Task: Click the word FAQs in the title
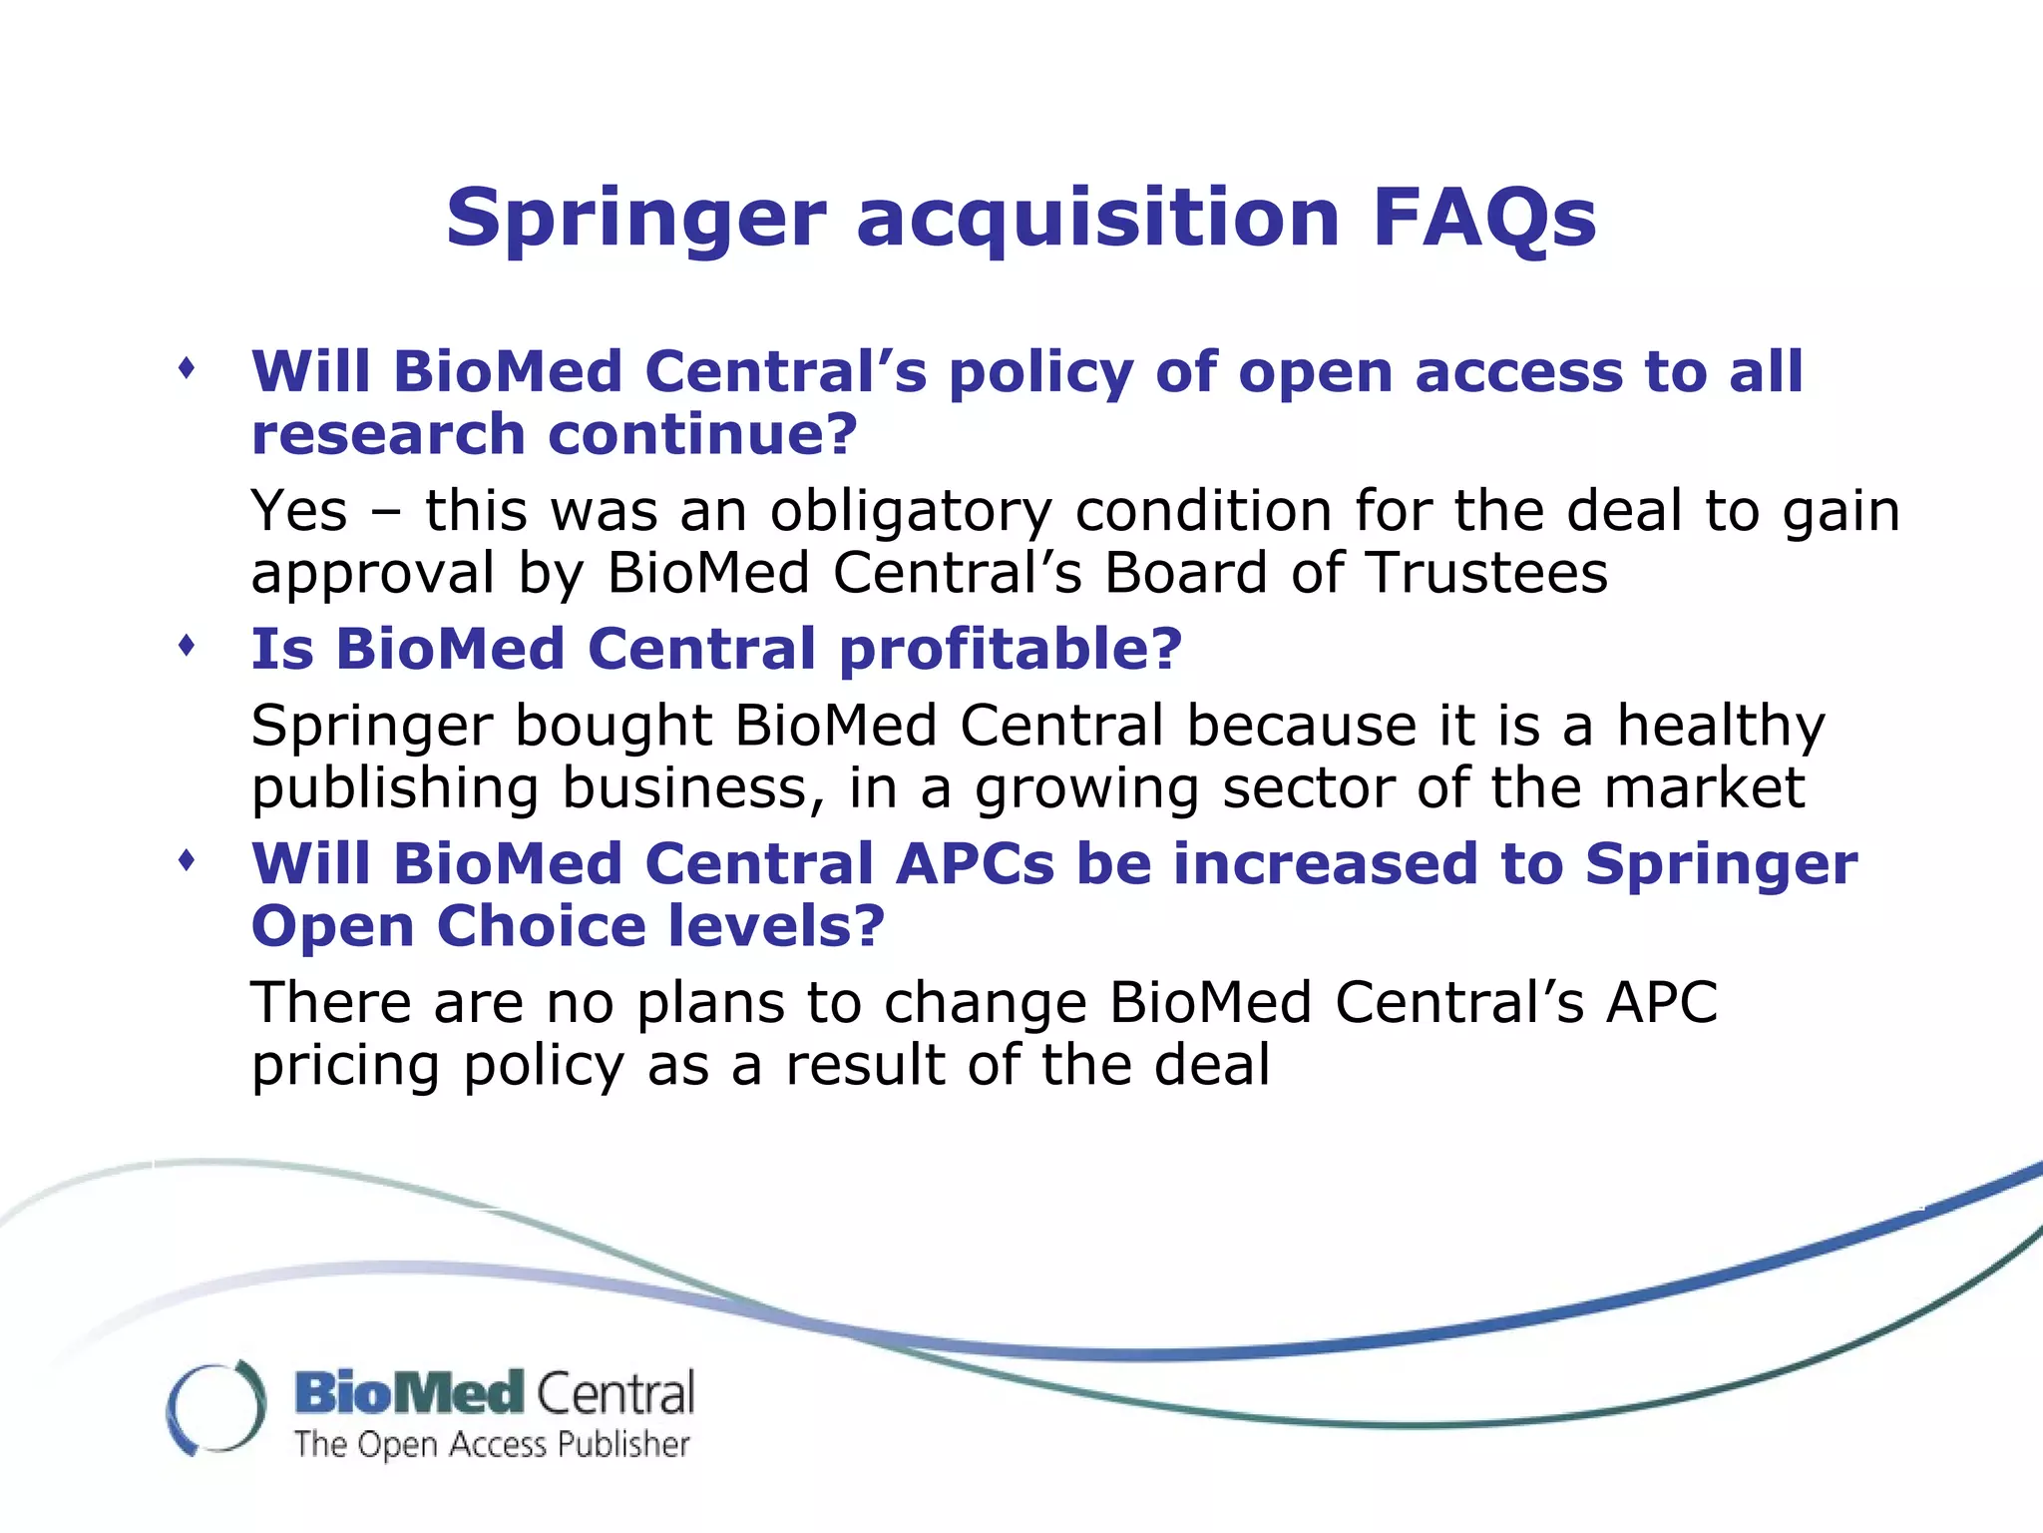pyautogui.click(x=1484, y=220)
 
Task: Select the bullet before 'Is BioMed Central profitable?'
pyautogui.click(x=187, y=647)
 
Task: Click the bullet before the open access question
pyautogui.click(x=187, y=369)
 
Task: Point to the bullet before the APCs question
pyautogui.click(x=187, y=860)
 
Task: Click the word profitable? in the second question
pyautogui.click(x=1010, y=651)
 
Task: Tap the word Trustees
pyautogui.click(x=1486, y=574)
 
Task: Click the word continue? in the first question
pyautogui.click(x=702, y=435)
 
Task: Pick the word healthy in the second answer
pyautogui.click(x=1720, y=728)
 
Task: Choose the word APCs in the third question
pyautogui.click(x=974, y=864)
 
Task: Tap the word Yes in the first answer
pyautogui.click(x=298, y=512)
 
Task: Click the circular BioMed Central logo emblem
pyautogui.click(x=216, y=1407)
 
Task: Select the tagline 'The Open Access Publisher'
pyautogui.click(x=492, y=1445)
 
